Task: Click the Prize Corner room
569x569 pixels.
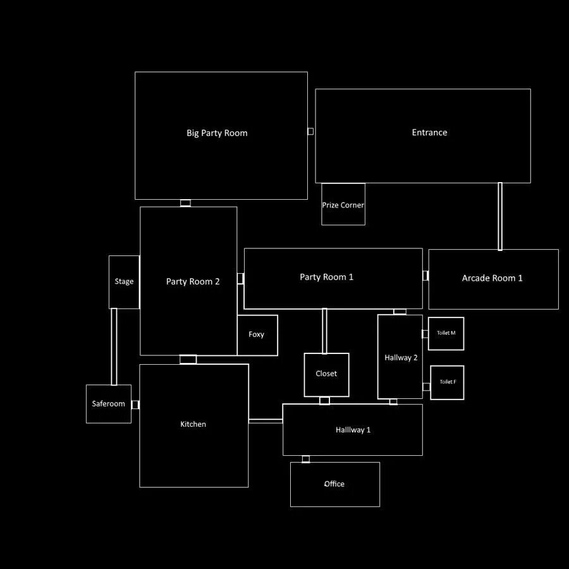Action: point(343,204)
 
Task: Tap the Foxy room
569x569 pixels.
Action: point(257,335)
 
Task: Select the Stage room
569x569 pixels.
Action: point(124,282)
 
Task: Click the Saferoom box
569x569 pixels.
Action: point(109,404)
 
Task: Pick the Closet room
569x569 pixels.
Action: point(326,374)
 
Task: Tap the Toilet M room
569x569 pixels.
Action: point(446,333)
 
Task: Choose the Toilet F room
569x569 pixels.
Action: point(448,382)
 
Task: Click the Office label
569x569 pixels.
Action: point(334,484)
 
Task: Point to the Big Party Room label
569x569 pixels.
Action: point(217,133)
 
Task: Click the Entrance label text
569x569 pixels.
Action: point(429,133)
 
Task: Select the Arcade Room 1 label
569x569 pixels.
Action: point(492,278)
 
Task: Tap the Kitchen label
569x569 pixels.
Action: point(193,424)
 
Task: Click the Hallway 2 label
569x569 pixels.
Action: point(401,358)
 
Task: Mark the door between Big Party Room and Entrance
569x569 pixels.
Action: point(310,132)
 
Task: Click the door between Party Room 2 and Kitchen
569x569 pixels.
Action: point(188,360)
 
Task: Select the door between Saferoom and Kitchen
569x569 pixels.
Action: point(135,405)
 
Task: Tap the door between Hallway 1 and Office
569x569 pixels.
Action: point(306,459)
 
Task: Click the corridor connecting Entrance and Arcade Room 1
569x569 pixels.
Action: point(500,216)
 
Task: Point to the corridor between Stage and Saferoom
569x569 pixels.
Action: point(114,346)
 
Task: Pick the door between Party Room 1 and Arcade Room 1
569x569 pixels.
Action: point(425,276)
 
